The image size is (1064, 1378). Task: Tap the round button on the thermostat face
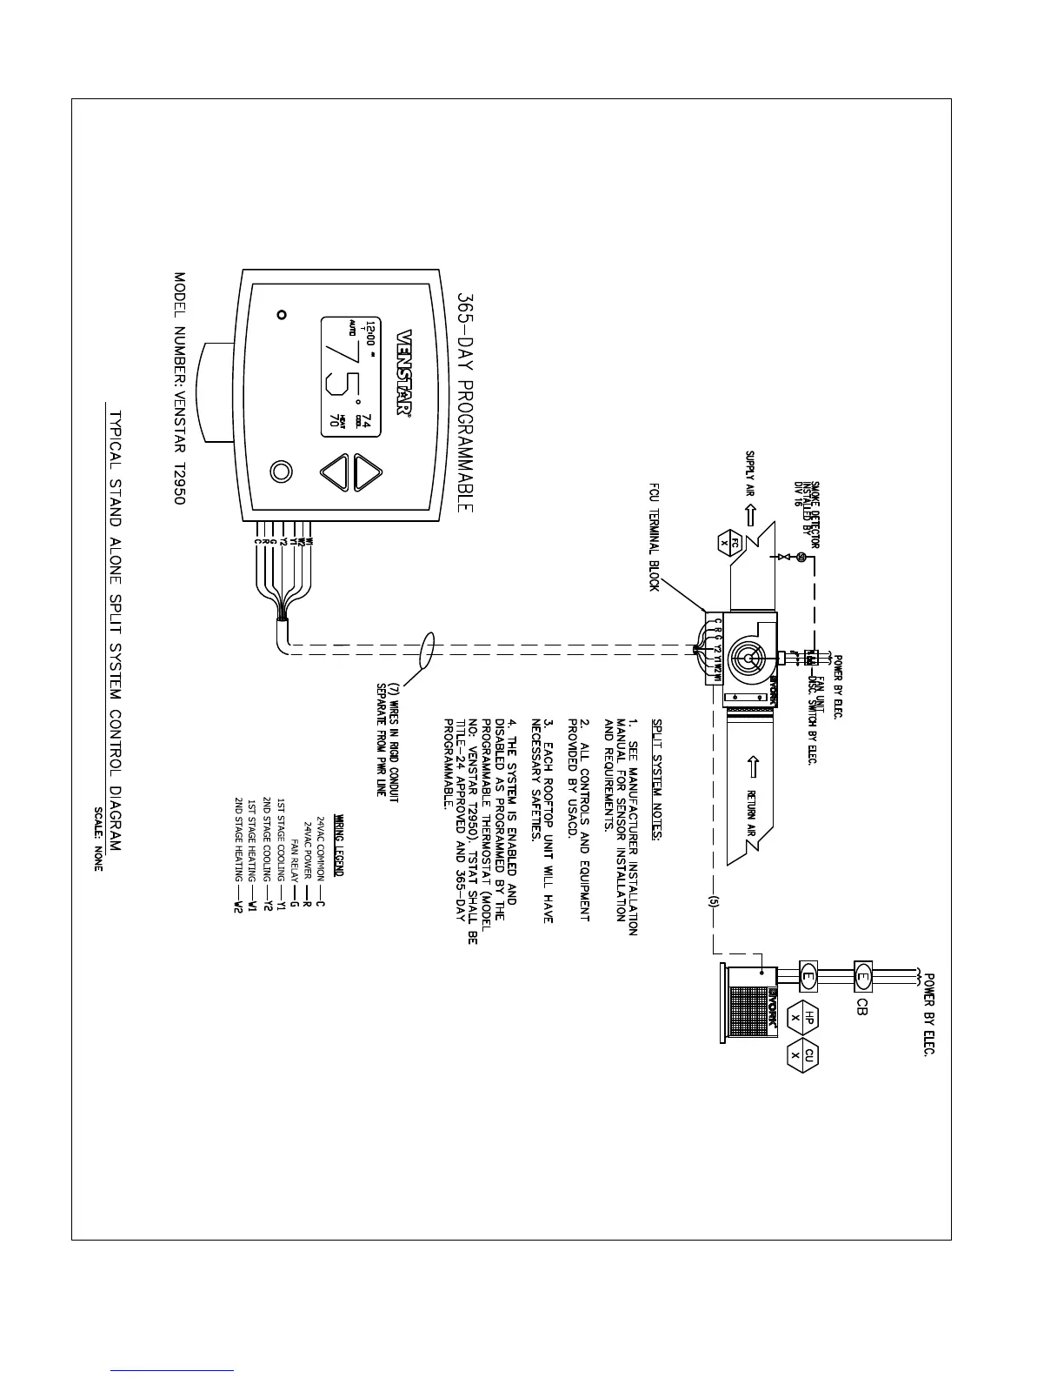[x=281, y=471]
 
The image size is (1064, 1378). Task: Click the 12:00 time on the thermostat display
[x=372, y=332]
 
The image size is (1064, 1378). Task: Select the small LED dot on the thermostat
[x=281, y=314]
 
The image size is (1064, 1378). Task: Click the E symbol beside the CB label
[x=863, y=974]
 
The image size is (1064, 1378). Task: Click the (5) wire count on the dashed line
[x=713, y=901]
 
